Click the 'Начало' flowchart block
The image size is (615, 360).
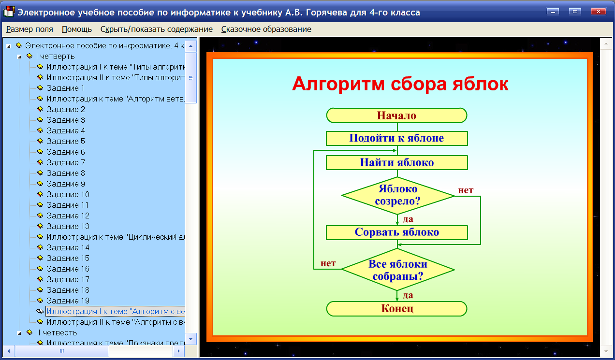396,115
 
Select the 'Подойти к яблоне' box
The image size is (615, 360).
396,138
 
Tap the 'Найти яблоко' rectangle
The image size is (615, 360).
396,162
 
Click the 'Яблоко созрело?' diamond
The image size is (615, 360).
397,195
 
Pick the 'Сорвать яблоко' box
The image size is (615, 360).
396,232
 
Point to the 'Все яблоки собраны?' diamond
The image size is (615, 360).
397,270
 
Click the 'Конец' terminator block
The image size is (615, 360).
396,309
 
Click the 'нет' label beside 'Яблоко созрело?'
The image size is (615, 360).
466,190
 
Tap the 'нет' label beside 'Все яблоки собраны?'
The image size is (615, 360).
328,264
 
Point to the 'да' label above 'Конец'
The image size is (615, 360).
408,295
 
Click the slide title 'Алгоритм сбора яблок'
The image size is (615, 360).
400,84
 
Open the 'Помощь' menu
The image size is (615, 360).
77,29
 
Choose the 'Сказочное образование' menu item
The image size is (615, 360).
266,29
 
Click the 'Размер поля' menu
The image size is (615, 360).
29,29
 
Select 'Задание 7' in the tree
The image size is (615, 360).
66,162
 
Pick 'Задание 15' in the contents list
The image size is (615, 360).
68,258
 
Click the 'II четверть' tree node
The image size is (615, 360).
56,332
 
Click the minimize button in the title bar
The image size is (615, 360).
553,12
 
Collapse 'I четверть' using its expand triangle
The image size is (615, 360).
19,57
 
